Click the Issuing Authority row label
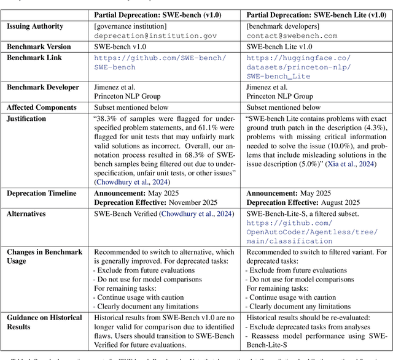(36, 27)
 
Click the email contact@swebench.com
(291, 37)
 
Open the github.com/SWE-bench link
(160, 63)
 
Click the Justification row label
(26, 119)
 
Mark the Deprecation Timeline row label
(42, 193)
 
